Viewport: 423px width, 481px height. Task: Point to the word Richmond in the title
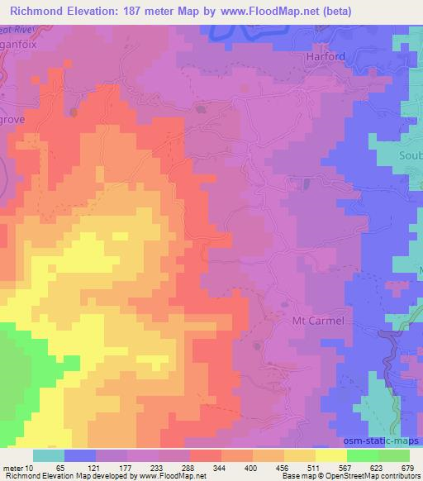tap(38, 11)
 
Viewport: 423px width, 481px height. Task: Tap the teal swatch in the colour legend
tap(49, 455)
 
